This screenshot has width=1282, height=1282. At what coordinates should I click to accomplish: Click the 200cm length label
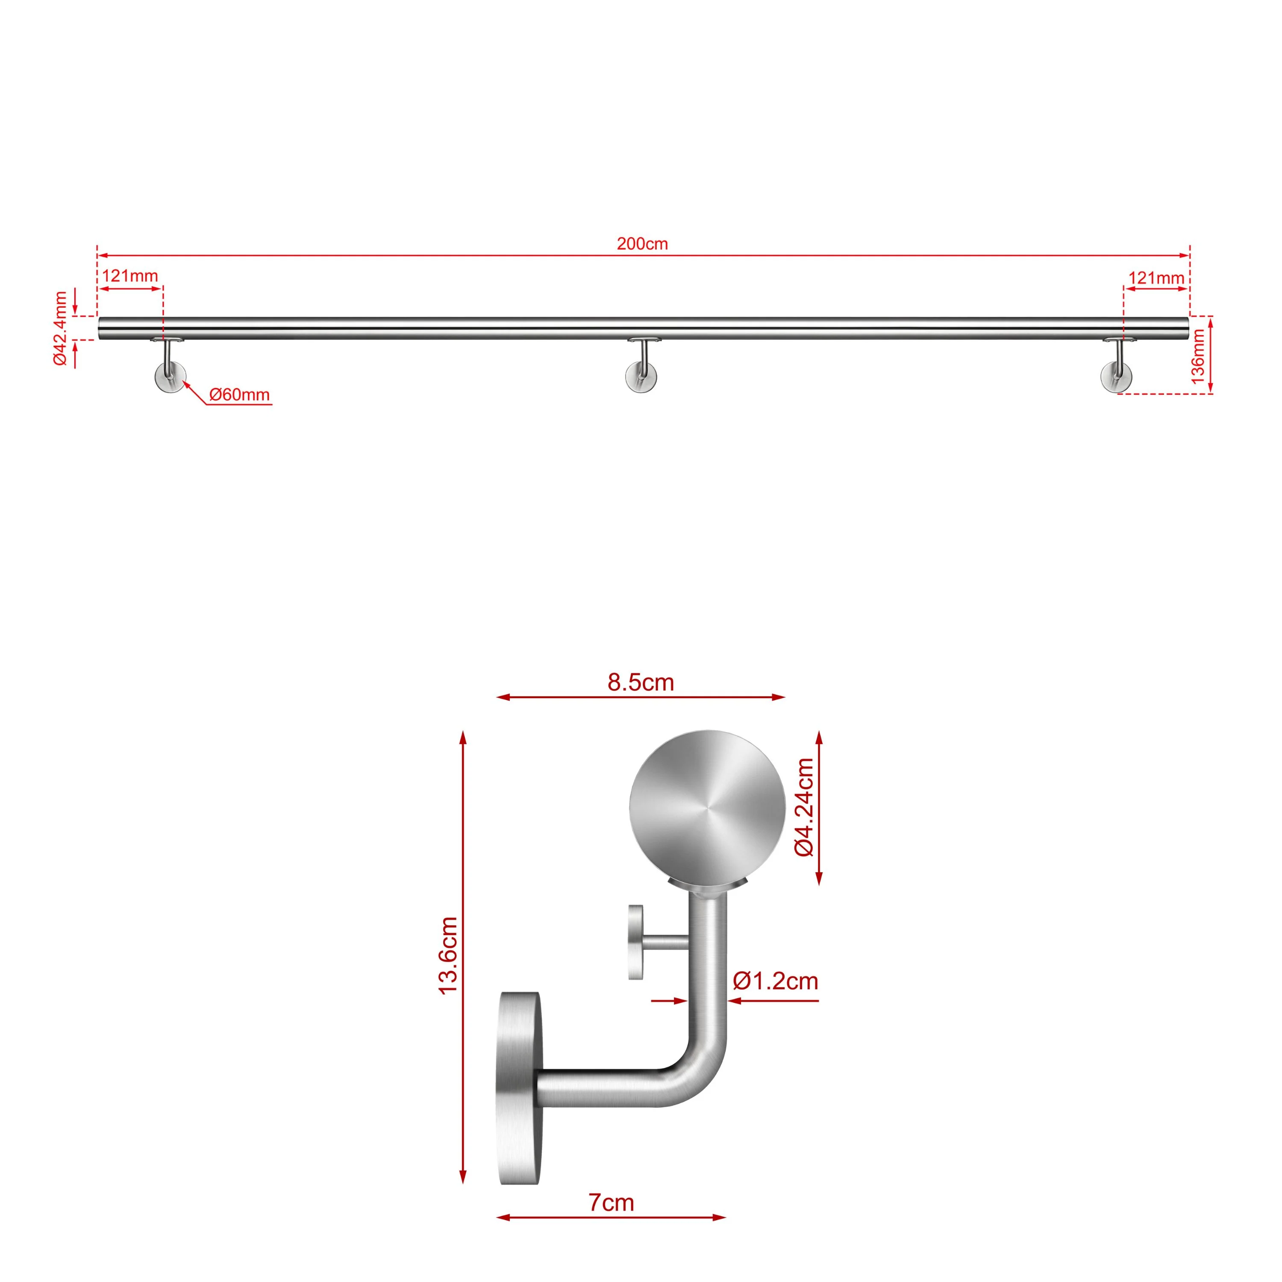tap(642, 244)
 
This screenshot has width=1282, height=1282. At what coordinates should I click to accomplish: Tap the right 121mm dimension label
tap(1156, 278)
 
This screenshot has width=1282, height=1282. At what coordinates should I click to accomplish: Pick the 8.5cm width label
tap(640, 682)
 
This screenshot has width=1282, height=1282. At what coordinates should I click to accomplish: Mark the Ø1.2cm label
tap(775, 981)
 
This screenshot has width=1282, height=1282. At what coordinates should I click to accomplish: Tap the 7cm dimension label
tap(611, 1203)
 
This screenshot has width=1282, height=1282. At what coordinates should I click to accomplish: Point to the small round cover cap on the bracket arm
tap(636, 942)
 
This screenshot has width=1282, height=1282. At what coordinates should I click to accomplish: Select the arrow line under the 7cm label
tap(611, 1217)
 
